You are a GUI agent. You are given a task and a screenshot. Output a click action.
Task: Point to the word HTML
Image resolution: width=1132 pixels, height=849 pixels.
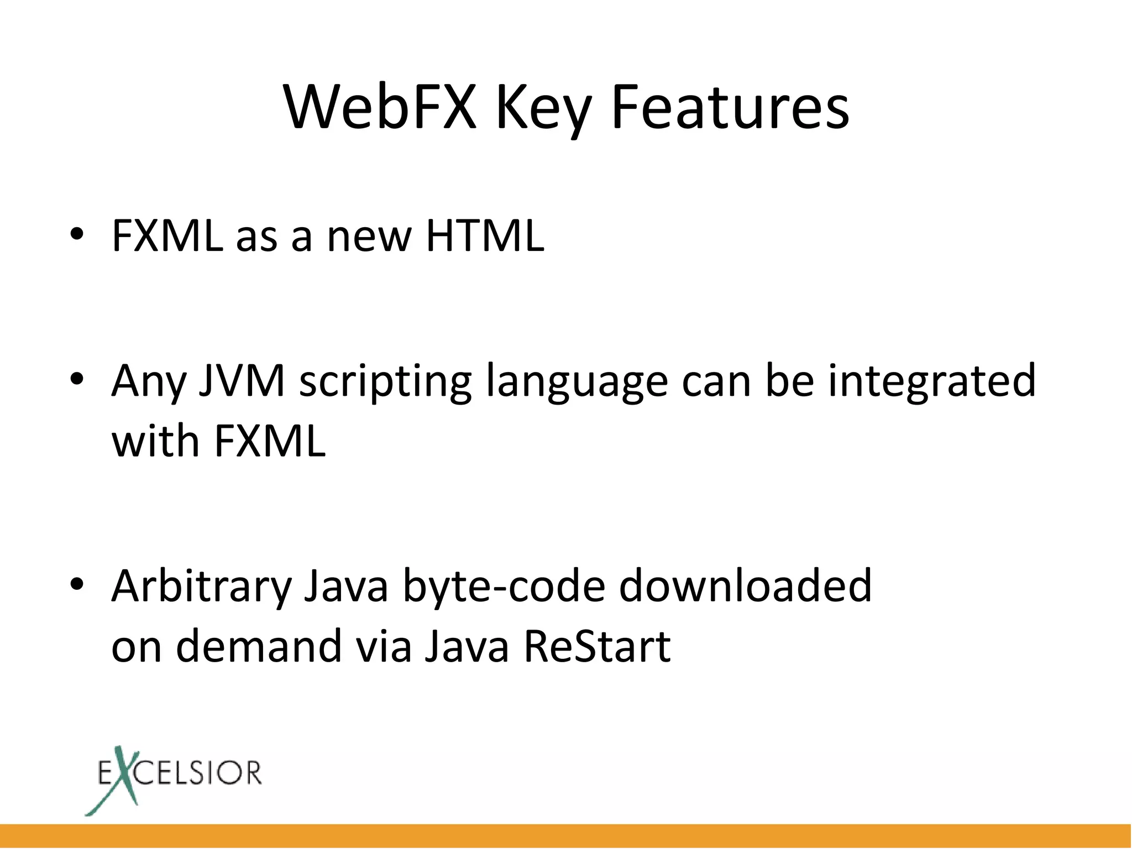point(485,236)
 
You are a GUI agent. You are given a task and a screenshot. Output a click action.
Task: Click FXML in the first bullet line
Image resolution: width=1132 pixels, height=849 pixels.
point(167,236)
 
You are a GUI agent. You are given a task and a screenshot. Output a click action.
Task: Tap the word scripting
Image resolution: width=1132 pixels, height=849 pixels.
point(385,382)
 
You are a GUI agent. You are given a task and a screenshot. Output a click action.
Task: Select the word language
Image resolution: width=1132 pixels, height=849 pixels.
point(577,382)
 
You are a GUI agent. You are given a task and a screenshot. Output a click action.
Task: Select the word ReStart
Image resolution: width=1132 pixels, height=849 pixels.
point(597,646)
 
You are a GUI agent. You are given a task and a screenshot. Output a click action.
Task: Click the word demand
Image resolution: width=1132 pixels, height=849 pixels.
point(259,646)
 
